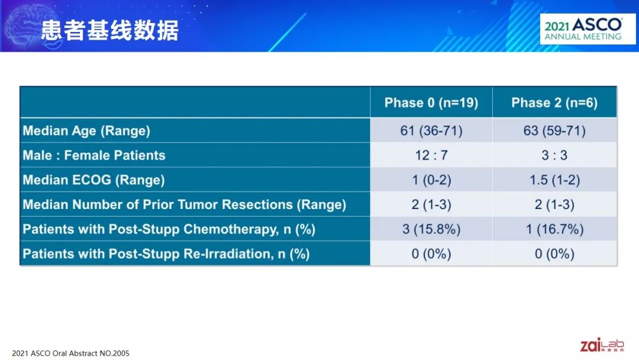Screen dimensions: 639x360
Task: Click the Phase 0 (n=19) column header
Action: pyautogui.click(x=431, y=103)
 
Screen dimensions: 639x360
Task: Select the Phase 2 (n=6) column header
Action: pyautogui.click(x=554, y=103)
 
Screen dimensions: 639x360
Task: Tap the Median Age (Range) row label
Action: pyautogui.click(x=86, y=131)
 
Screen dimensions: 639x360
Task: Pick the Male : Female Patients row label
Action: pyautogui.click(x=94, y=155)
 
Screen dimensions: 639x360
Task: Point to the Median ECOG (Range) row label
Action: pyautogui.click(x=93, y=180)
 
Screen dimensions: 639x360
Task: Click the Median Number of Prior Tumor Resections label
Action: pyautogui.click(x=184, y=205)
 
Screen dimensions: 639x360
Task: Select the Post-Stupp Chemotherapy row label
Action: pyautogui.click(x=169, y=230)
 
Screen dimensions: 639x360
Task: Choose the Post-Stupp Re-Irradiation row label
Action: pyautogui.click(x=166, y=254)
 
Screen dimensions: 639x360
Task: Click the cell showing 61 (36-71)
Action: pyautogui.click(x=431, y=131)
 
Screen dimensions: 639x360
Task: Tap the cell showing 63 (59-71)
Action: pyautogui.click(x=554, y=131)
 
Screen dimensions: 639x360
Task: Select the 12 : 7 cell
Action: pyautogui.click(x=431, y=155)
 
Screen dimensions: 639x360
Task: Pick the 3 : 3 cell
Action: pyautogui.click(x=554, y=155)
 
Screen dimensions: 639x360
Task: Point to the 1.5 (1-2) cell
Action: pyautogui.click(x=554, y=180)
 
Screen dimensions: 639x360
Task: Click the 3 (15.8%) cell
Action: pyautogui.click(x=431, y=230)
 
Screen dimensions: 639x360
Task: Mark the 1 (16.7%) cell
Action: pyautogui.click(x=554, y=230)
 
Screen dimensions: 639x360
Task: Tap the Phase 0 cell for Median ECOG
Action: pyautogui.click(x=431, y=180)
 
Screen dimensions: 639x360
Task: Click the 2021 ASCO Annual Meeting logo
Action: pyautogui.click(x=588, y=29)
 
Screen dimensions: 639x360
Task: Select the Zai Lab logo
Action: pyautogui.click(x=602, y=345)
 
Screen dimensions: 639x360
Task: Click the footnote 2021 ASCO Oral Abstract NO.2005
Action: pyautogui.click(x=70, y=353)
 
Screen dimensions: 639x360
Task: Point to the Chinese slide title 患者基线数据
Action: pyautogui.click(x=109, y=30)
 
